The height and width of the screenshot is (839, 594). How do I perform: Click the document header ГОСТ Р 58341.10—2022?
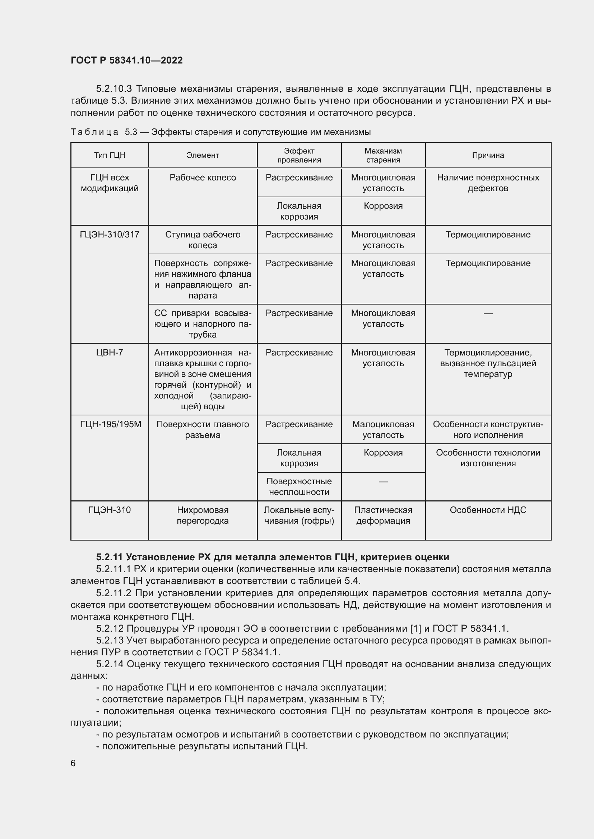point(126,60)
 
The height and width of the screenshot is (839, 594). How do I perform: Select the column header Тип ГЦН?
point(110,155)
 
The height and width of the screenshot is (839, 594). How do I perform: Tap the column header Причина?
point(488,155)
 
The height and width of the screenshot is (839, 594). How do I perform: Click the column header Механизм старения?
point(383,155)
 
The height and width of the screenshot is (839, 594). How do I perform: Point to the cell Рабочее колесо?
point(203,178)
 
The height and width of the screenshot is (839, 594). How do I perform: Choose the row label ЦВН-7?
point(110,353)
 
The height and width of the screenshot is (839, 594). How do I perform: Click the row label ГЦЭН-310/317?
point(110,235)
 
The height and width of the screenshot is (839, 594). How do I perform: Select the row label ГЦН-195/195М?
point(111,424)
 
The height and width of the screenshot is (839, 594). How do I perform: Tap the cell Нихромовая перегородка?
point(203,515)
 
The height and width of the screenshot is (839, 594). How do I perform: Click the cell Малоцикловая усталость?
point(383,429)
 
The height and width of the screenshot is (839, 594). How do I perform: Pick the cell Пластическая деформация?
point(383,515)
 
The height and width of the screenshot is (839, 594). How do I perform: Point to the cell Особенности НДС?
point(488,510)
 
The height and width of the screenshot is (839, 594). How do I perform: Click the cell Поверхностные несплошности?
point(299,487)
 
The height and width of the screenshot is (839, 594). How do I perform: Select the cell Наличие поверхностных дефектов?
point(488,183)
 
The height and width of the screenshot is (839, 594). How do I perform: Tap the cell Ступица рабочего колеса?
point(203,240)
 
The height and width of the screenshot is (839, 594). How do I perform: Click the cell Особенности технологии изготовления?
point(488,458)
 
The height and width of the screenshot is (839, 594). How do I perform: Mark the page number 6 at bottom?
point(73,763)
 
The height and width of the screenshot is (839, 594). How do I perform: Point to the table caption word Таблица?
point(94,132)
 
